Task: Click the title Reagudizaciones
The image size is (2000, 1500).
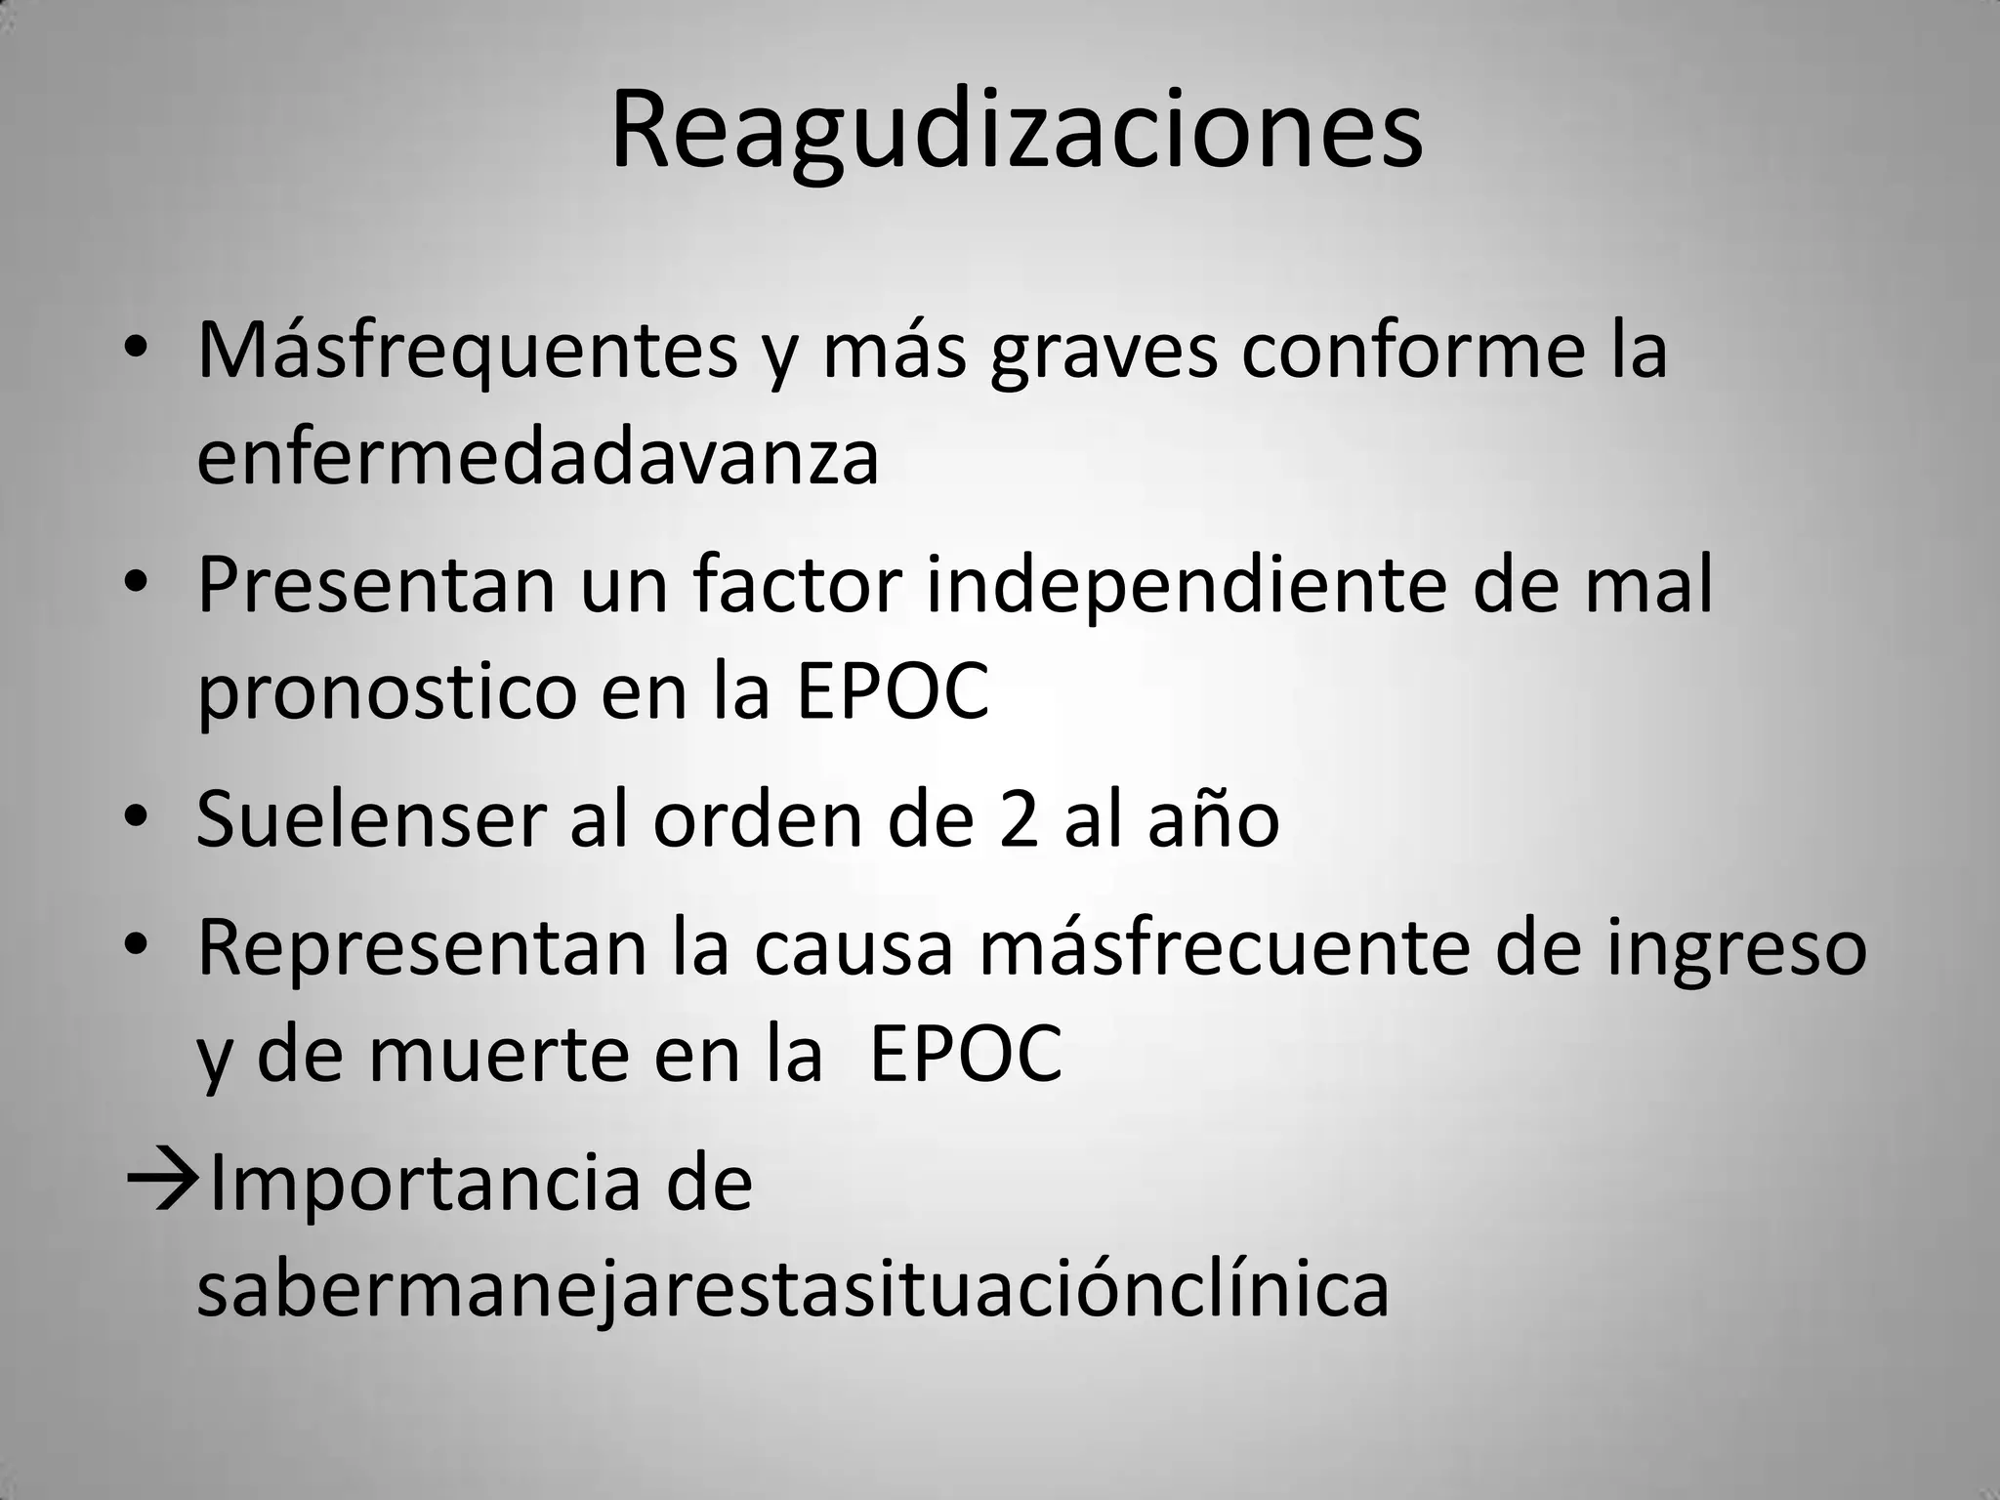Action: tap(1017, 131)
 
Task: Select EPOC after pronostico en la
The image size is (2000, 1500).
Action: tap(893, 691)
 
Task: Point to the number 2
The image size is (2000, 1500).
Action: tap(1019, 818)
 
